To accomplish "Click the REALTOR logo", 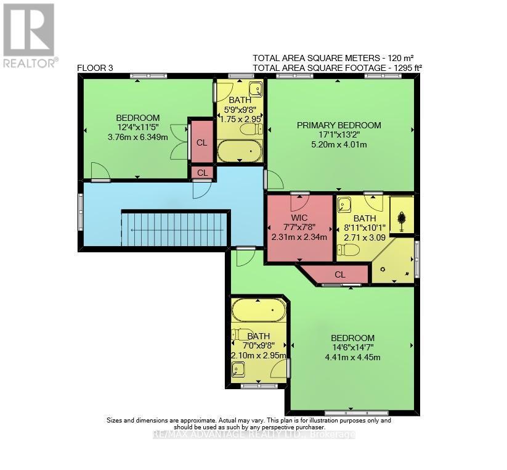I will click(x=30, y=35).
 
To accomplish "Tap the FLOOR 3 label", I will click(x=95, y=68).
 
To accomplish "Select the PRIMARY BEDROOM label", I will click(x=339, y=125).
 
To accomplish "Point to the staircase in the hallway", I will click(x=176, y=228).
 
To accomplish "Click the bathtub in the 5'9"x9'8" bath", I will click(x=240, y=150).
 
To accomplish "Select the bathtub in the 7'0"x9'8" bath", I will click(x=259, y=310).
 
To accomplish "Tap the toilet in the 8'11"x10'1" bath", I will click(x=349, y=249).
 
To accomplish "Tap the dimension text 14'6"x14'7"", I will click(x=352, y=348).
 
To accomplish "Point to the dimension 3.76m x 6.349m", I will click(x=138, y=137).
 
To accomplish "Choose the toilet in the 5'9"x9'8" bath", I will click(x=249, y=130).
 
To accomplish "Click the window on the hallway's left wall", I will click(x=81, y=204).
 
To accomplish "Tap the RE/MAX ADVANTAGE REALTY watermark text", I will click(x=254, y=435).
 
